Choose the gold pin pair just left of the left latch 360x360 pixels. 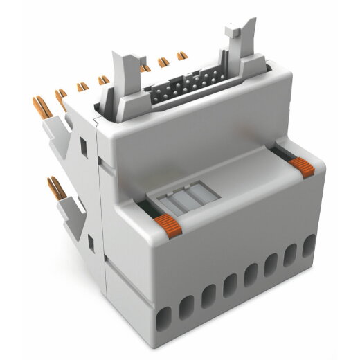tap(104, 81)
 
